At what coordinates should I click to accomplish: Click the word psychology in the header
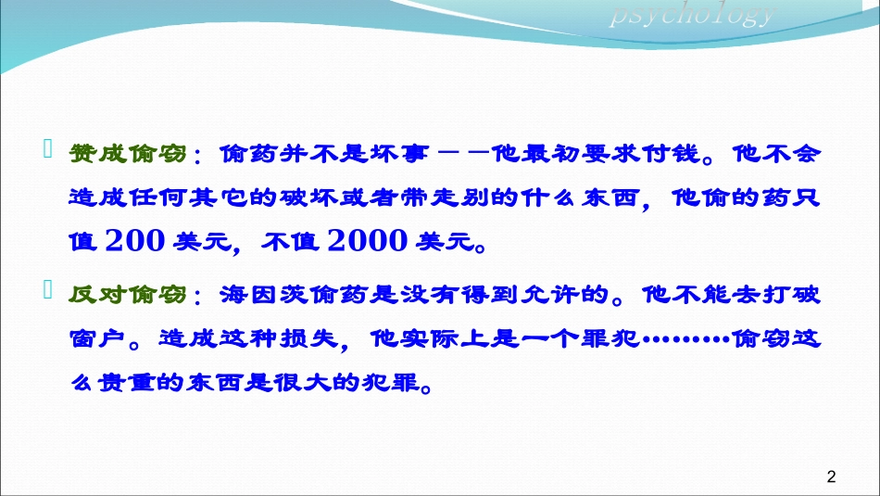tap(691, 16)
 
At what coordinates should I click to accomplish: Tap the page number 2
tap(830, 477)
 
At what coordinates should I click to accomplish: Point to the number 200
tap(138, 241)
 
